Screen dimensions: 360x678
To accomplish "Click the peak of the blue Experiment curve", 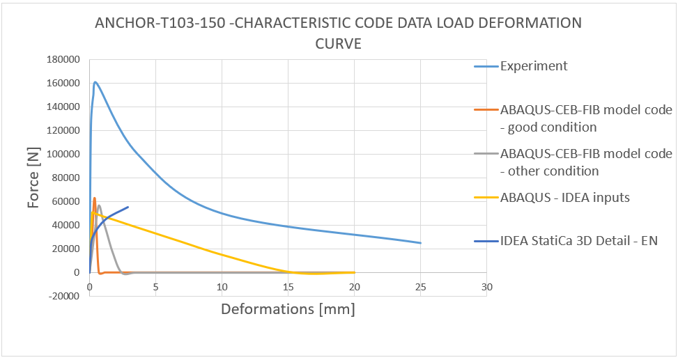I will [x=95, y=82].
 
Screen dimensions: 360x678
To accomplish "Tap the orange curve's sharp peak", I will [x=94, y=198].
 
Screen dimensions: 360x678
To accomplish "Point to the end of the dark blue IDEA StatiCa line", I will [x=128, y=207].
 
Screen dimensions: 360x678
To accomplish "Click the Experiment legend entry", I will [x=533, y=66].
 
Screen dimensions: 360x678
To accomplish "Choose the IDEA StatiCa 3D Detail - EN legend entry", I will [x=578, y=241].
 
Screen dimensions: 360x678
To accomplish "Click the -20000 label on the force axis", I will [x=63, y=296].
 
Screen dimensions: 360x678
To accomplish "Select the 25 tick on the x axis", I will [x=421, y=287].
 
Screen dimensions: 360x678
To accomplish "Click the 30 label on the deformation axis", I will [x=487, y=287].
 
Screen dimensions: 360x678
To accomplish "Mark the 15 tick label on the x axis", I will [x=288, y=287].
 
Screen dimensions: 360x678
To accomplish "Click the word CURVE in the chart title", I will [x=338, y=44].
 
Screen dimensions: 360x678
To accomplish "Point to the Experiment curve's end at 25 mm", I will [x=421, y=243].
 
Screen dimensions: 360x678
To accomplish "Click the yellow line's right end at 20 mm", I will [x=354, y=272].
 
